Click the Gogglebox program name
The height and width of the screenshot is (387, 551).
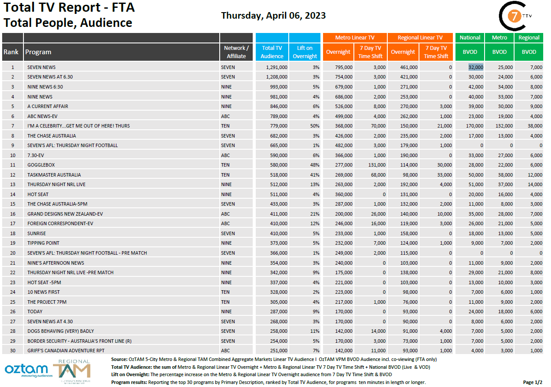tap(41, 165)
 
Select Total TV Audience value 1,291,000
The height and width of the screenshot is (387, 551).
tap(276, 67)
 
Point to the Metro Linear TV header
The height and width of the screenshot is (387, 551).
tap(354, 38)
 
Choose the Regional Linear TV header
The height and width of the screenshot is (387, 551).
tap(420, 38)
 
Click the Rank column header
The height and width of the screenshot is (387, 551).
tap(11, 52)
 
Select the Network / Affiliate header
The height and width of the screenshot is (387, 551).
tap(236, 52)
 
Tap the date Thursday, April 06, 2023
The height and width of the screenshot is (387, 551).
tap(273, 16)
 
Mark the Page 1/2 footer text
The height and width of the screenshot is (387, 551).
tap(532, 382)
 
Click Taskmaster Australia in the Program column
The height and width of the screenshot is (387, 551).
tap(54, 175)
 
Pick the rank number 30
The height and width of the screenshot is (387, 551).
tap(13, 351)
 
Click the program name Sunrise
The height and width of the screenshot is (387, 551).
tap(37, 233)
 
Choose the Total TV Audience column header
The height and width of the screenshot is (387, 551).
tap(272, 52)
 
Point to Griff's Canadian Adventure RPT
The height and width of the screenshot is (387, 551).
tap(66, 351)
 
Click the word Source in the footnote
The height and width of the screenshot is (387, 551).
tap(119, 359)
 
